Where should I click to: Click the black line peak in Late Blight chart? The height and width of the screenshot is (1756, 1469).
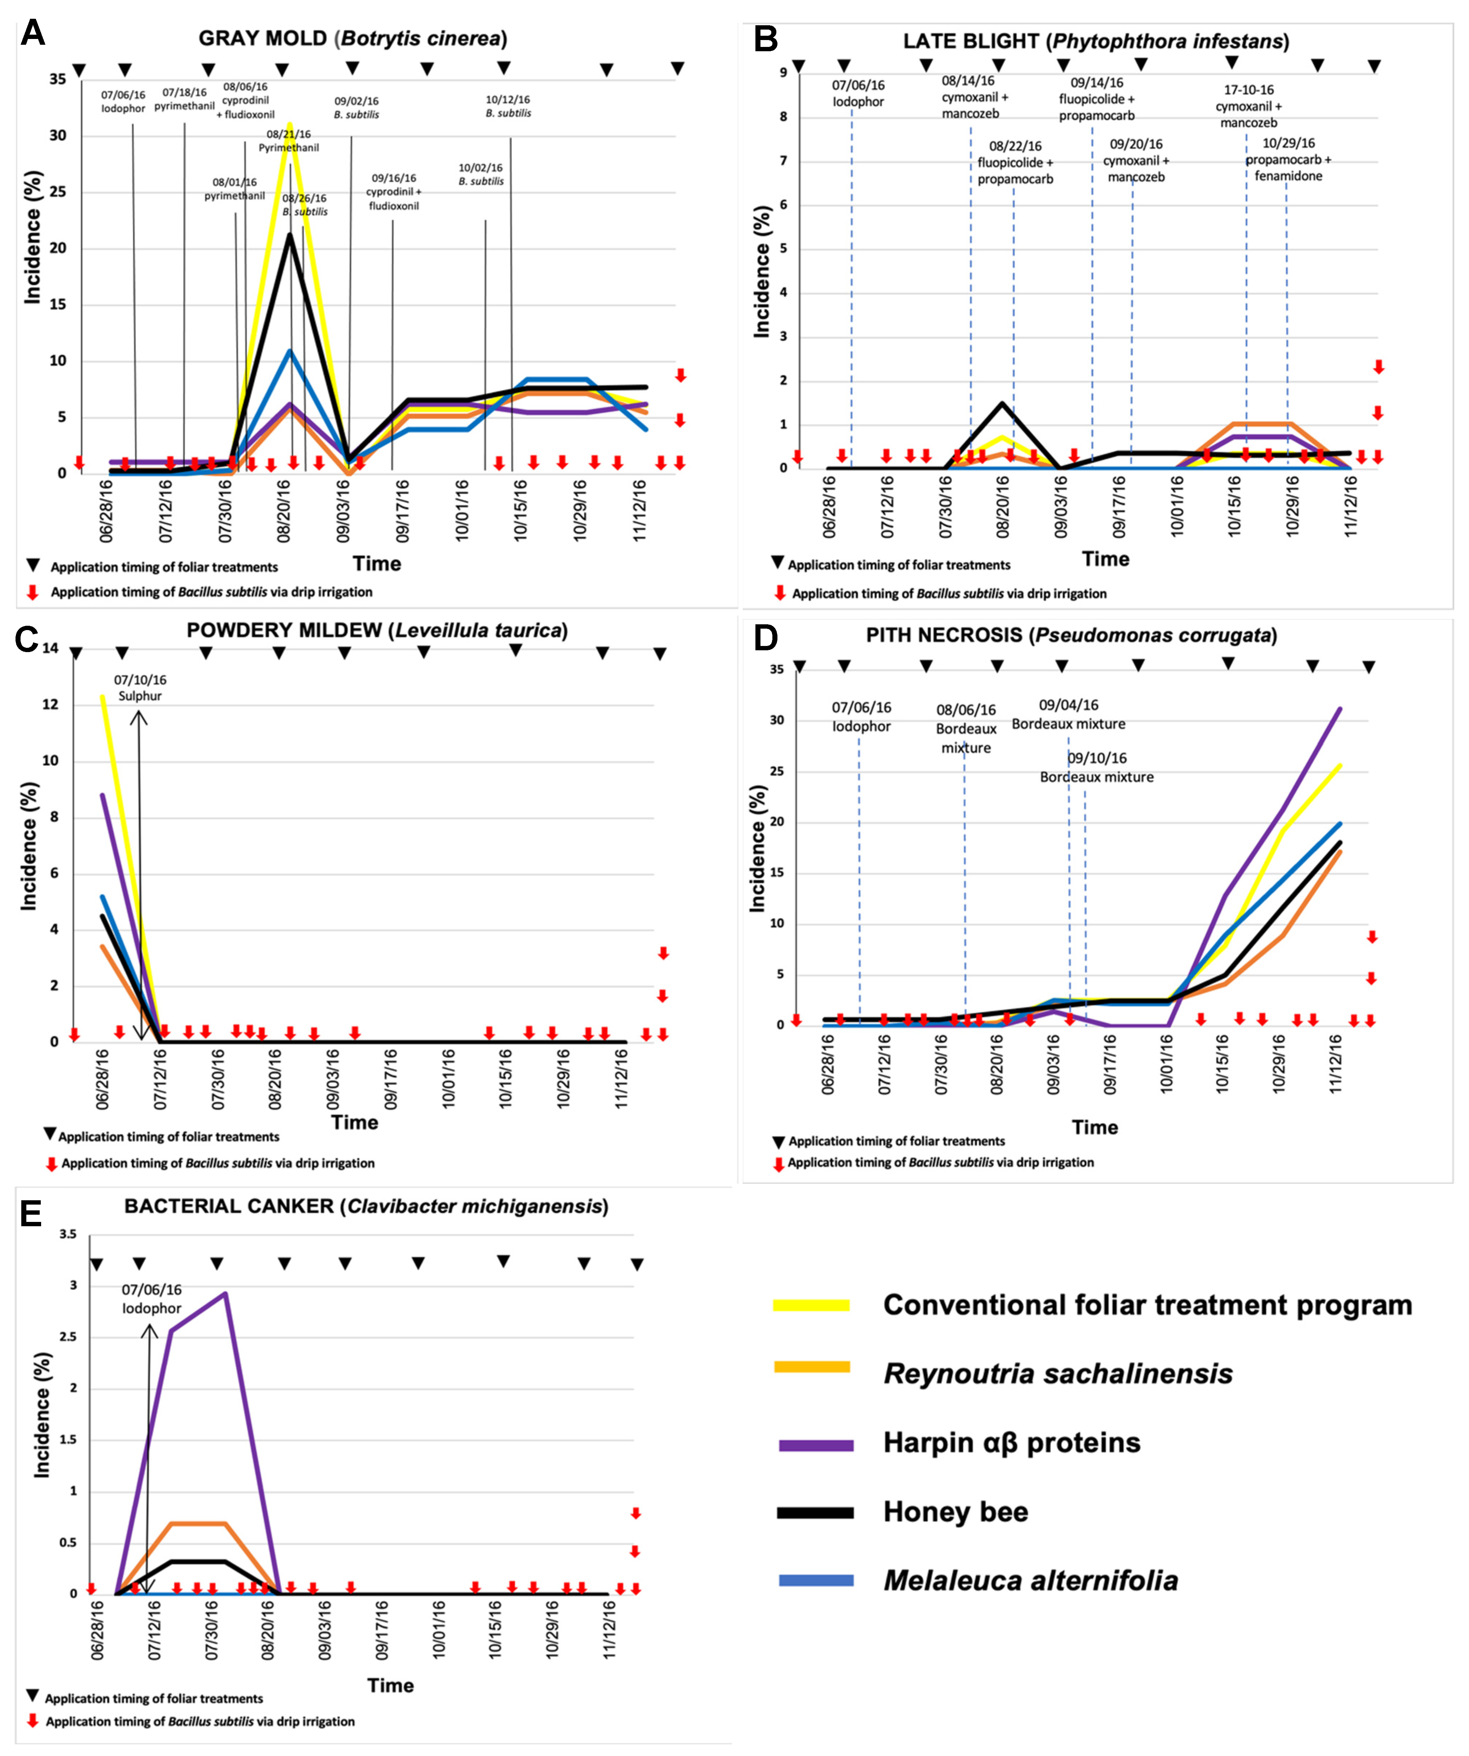(x=1001, y=404)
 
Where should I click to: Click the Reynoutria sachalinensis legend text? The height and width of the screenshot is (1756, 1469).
(x=1058, y=1374)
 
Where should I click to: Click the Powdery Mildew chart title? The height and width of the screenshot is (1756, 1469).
(x=377, y=630)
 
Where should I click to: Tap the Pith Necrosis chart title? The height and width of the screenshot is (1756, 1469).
(x=1071, y=635)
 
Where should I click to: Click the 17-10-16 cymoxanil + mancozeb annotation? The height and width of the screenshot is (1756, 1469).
(x=1248, y=106)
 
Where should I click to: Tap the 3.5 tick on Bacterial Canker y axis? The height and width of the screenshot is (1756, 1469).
(x=68, y=1234)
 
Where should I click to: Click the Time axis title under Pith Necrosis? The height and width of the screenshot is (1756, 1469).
(x=1095, y=1127)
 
